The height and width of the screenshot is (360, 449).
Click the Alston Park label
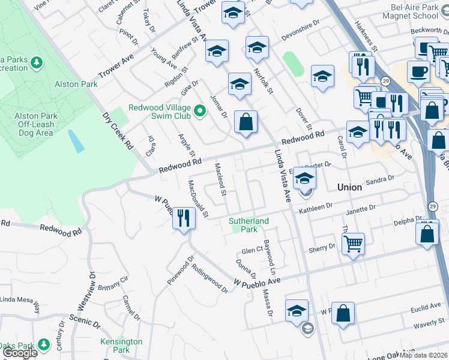pyautogui.click(x=76, y=84)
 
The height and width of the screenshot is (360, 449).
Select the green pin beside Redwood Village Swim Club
pyautogui.click(x=199, y=110)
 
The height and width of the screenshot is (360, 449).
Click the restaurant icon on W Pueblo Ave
pyautogui.click(x=184, y=217)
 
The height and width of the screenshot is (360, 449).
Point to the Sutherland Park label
pyautogui.click(x=249, y=225)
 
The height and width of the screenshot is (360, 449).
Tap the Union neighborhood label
pyautogui.click(x=349, y=187)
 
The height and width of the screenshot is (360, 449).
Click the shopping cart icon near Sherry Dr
pyautogui.click(x=353, y=244)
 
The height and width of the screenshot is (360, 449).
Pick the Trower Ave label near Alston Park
pyautogui.click(x=116, y=67)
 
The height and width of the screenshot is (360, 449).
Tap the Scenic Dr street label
pyautogui.click(x=84, y=320)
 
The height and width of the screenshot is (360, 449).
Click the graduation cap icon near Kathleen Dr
pyautogui.click(x=305, y=178)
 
